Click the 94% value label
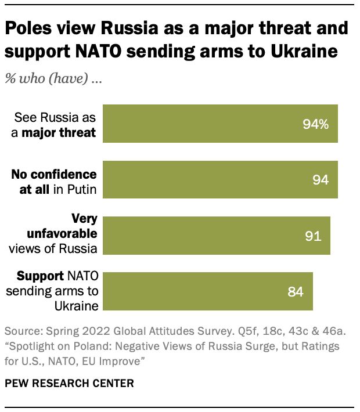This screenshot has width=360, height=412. point(315,124)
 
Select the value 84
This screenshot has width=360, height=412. point(296,291)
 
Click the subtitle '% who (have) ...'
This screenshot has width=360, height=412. point(53,79)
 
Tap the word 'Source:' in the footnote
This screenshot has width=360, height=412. point(22,331)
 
